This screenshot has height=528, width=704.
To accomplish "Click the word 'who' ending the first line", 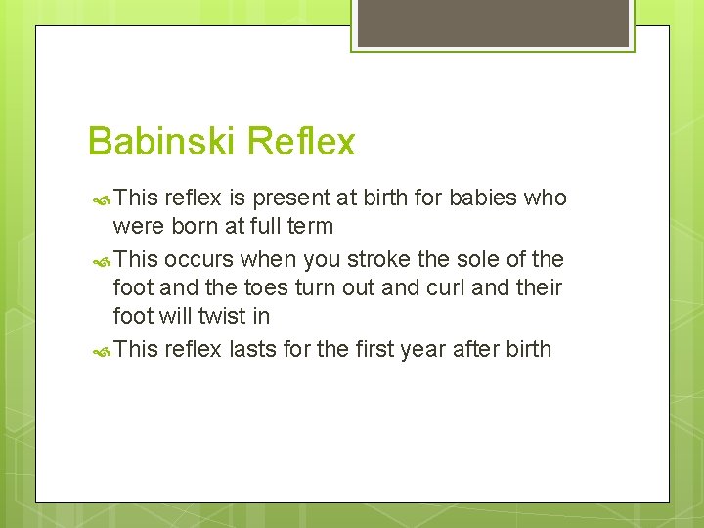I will (x=546, y=198).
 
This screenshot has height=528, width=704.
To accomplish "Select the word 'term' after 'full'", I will (x=312, y=227).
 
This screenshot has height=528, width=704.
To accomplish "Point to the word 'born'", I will (x=190, y=227).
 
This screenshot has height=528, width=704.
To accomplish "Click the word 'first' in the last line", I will (x=369, y=349).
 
